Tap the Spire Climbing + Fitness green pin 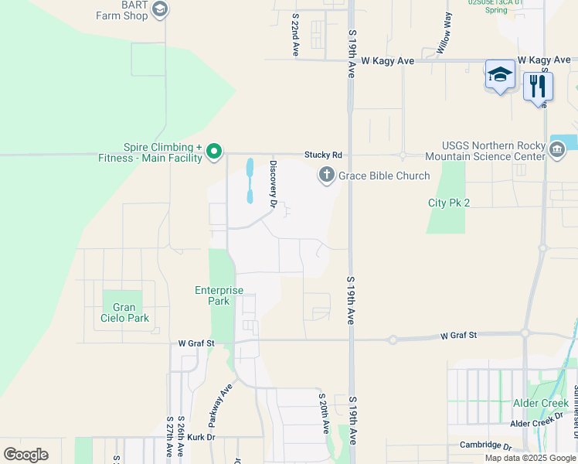pos(216,152)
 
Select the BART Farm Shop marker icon pos(160,9)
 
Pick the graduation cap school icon pos(500,75)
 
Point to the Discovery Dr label pos(273,183)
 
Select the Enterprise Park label pos(219,295)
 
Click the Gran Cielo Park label pos(125,312)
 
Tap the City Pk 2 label pos(449,203)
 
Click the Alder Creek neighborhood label pos(541,403)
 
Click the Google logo pos(25,454)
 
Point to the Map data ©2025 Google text pos(530,458)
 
